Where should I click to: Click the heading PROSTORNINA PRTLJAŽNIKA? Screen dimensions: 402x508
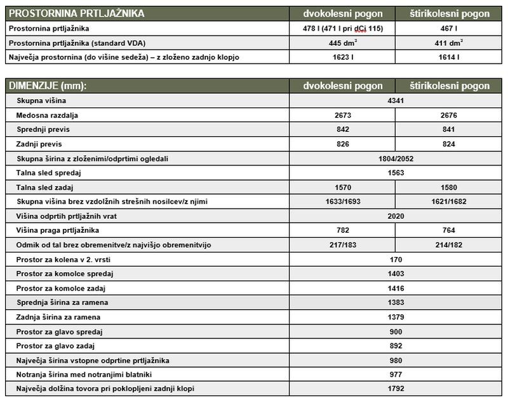tap(77, 13)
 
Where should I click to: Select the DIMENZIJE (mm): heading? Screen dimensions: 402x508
tap(48, 86)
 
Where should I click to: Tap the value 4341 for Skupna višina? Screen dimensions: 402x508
tap(395, 100)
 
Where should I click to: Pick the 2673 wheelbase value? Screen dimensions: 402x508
tap(342, 115)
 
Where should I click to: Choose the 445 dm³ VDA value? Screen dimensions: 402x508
tap(342, 43)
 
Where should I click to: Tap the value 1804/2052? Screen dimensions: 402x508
tap(395, 158)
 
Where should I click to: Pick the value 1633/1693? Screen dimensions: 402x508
tap(342, 202)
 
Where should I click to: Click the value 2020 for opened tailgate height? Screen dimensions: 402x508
tap(395, 216)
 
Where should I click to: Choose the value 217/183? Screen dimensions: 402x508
tap(342, 245)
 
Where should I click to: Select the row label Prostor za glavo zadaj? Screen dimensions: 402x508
tap(58, 346)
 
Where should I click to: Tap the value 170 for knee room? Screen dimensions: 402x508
tap(395, 260)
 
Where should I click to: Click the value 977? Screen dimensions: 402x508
tap(395, 375)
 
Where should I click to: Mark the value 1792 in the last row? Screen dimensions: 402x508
tap(395, 389)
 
